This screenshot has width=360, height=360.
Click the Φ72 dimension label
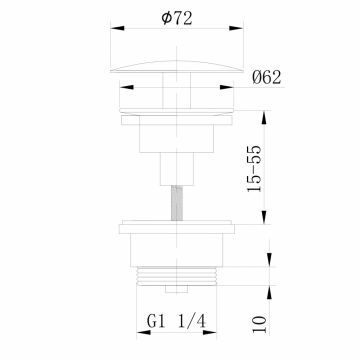(x=177, y=18)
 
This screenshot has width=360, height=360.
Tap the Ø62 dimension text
(x=267, y=78)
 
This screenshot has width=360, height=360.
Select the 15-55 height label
(x=255, y=169)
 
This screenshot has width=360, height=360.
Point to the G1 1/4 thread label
(x=177, y=322)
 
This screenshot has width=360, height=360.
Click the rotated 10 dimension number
(x=260, y=324)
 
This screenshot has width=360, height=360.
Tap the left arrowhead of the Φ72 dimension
(x=117, y=28)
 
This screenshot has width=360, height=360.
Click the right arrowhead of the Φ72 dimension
(x=236, y=28)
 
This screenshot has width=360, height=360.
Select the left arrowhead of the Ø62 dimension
(x=126, y=87)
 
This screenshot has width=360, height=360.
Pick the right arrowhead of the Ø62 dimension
(x=227, y=87)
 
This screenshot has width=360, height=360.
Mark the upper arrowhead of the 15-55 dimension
(x=264, y=118)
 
